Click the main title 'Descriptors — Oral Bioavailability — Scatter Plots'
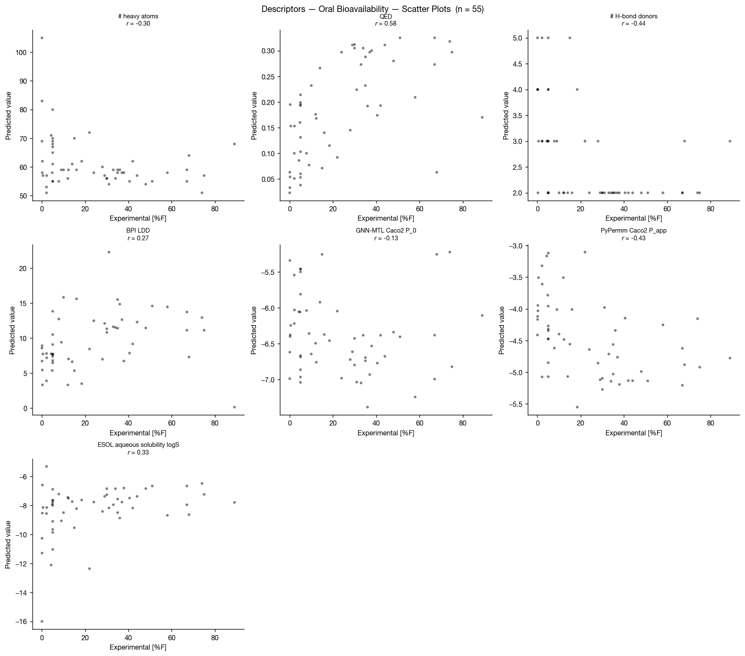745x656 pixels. tap(372, 9)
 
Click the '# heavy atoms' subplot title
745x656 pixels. tap(138, 16)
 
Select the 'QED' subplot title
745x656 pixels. tap(386, 16)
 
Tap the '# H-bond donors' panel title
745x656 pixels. tap(633, 16)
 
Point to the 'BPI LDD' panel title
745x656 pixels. tap(138, 230)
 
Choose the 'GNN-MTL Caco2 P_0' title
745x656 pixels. tap(386, 230)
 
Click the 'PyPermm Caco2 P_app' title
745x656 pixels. tap(633, 230)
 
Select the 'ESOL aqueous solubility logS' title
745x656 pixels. tap(138, 445)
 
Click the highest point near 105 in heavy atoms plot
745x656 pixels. tap(42, 38)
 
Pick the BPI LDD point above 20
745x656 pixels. tap(109, 252)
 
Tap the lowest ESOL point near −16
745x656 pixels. tap(42, 621)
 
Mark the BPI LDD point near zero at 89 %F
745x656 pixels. tap(234, 407)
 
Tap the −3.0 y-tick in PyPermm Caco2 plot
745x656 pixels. tap(515, 246)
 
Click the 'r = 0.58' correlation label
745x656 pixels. tap(386, 24)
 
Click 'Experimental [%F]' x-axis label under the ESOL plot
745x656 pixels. tap(138, 647)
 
